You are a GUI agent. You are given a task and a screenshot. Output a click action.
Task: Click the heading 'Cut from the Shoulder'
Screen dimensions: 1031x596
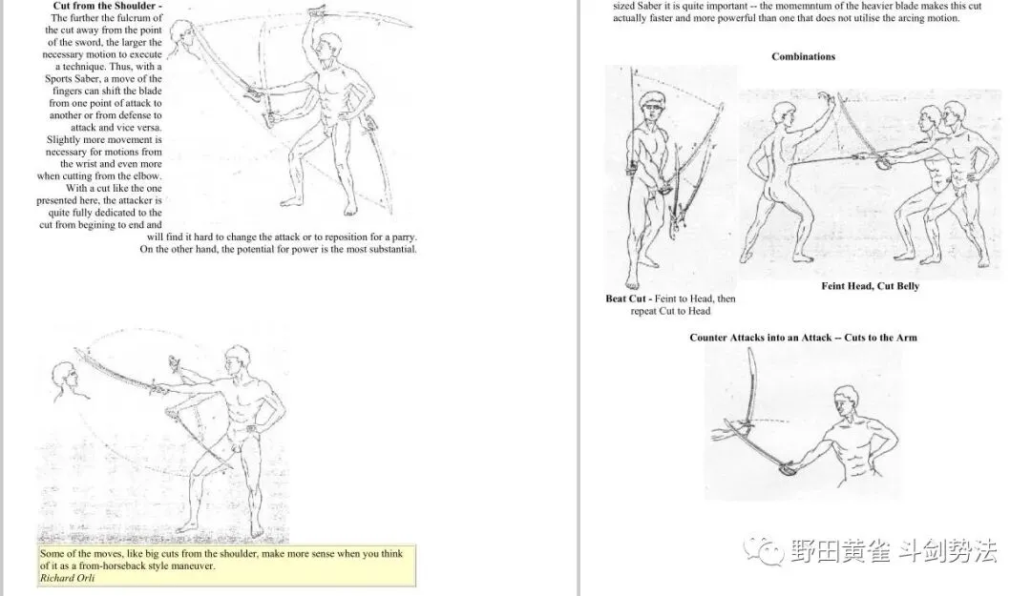[104, 6]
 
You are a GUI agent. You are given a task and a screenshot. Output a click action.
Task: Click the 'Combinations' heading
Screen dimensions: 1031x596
[803, 56]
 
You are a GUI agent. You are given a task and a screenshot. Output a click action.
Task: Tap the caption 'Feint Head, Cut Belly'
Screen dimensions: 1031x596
[870, 286]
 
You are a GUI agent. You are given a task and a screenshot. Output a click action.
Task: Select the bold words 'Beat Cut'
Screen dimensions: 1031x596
[626, 298]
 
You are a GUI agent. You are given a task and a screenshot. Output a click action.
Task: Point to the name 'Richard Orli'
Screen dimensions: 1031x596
[67, 578]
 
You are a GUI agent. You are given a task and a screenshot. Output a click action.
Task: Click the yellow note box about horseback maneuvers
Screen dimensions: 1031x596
[226, 565]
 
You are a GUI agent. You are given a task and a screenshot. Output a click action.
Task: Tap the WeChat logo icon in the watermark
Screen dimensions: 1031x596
[764, 550]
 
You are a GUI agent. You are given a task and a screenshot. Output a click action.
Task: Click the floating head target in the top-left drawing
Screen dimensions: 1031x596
[182, 37]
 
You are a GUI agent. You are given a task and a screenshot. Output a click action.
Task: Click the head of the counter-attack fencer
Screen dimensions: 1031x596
[847, 403]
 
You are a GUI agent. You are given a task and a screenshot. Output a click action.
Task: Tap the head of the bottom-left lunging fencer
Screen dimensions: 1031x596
[237, 362]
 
